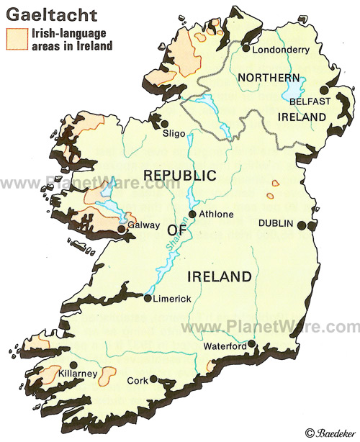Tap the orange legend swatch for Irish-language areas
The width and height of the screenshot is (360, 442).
point(14,39)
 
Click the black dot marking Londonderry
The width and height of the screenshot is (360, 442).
point(246,49)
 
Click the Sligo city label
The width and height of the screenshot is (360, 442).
point(174,133)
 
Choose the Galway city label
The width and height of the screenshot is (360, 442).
point(143,225)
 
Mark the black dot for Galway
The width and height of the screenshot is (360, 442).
point(122,230)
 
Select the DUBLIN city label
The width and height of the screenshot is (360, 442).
point(276,224)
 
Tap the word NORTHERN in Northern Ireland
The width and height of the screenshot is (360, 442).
point(269,77)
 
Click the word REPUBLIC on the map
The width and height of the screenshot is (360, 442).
point(180,175)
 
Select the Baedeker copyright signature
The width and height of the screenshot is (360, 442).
point(332,432)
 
